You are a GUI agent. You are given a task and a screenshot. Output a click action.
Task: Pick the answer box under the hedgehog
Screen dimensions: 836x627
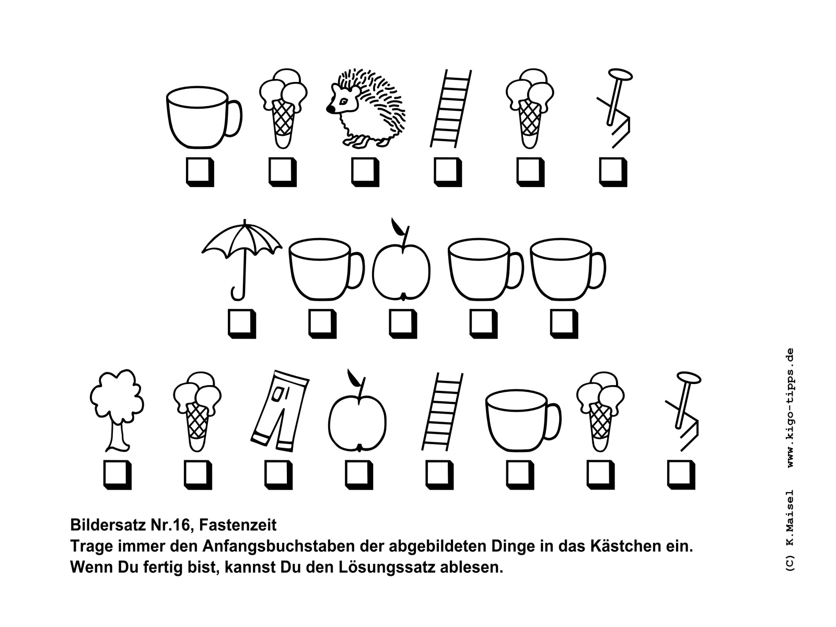[x=365, y=172]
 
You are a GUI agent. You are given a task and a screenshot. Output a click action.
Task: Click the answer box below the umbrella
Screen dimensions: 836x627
[x=242, y=324]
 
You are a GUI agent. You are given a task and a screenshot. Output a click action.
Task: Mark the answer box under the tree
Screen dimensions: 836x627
[x=118, y=475]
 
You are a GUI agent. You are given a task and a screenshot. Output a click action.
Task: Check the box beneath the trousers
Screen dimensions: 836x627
[x=278, y=475]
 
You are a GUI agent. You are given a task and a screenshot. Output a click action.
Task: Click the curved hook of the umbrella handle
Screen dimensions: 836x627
[x=237, y=296]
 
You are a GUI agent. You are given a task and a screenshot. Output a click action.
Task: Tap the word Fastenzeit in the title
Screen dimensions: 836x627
[x=238, y=525]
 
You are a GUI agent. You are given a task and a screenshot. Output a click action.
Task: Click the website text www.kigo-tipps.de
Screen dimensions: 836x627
[x=789, y=408]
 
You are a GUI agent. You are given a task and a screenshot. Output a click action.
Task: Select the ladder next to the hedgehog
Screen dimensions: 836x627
[x=451, y=108]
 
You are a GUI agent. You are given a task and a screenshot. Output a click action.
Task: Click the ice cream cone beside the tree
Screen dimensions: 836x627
[x=198, y=411]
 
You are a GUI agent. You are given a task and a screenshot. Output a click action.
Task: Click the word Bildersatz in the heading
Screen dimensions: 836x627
[x=107, y=525]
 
